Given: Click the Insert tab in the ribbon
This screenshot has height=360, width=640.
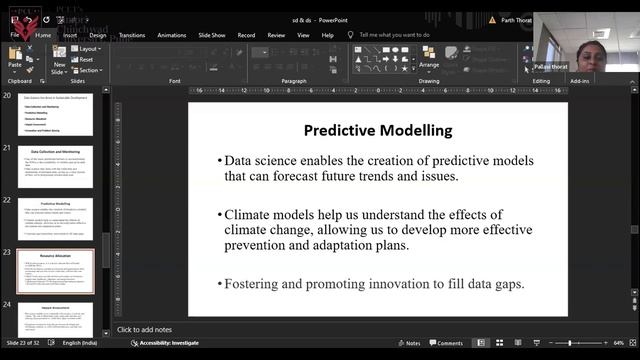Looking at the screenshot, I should (69, 34).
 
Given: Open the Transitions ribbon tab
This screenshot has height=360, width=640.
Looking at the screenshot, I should (132, 34).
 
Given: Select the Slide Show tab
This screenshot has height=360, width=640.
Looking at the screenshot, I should (209, 34).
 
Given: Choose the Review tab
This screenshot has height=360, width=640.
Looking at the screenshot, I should (276, 34).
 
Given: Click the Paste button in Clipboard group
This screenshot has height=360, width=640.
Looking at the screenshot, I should (15, 58).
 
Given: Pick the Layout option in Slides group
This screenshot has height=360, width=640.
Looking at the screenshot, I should (88, 48).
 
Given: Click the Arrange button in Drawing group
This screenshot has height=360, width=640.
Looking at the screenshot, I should (428, 61).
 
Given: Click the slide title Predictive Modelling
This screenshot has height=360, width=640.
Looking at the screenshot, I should (377, 130).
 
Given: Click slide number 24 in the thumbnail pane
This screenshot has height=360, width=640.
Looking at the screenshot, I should (8, 304).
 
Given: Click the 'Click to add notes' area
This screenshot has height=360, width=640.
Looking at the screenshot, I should (145, 329).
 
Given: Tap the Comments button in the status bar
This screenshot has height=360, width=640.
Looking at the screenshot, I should (446, 343).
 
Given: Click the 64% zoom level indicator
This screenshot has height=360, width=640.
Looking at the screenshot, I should (618, 343).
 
